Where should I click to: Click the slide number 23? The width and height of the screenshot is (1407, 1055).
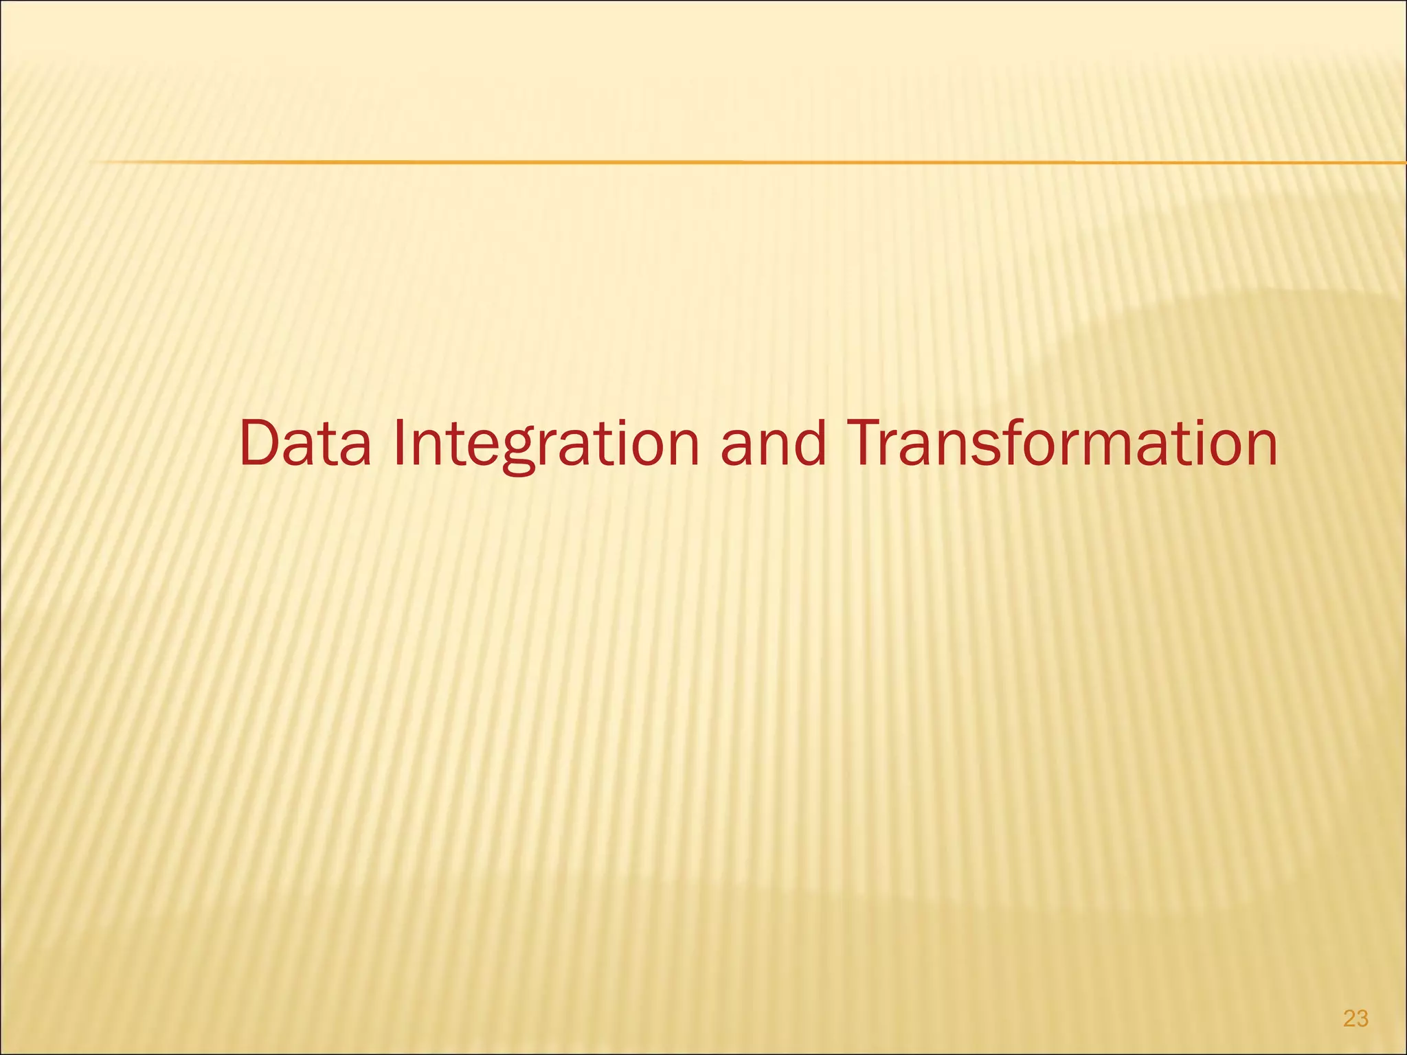pyautogui.click(x=1355, y=1019)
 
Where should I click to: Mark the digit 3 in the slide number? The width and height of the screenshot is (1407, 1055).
pyautogui.click(x=1362, y=1019)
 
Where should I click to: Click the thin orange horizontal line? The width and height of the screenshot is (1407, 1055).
pyautogui.click(x=687, y=162)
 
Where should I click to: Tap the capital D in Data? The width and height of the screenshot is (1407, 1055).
pyautogui.click(x=260, y=444)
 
